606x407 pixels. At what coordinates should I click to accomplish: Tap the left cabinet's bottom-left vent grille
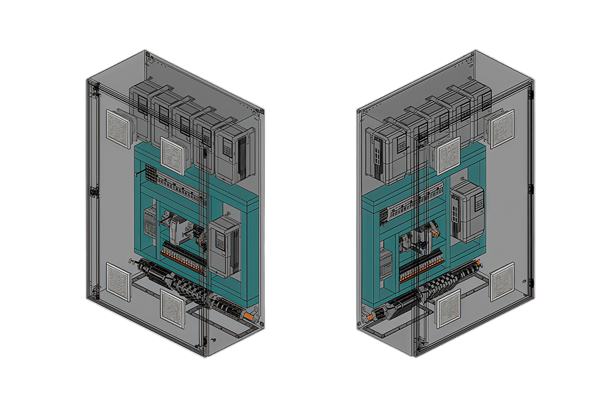118,281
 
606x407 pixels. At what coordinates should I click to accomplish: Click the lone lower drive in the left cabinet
224,246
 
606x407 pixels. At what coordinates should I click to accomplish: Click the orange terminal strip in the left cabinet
184,257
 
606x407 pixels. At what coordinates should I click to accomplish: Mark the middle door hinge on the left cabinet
91,190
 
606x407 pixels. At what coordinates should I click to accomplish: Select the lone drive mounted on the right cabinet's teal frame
468,210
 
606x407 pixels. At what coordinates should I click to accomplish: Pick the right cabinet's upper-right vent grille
501,129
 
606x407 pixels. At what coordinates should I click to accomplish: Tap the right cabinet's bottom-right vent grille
502,282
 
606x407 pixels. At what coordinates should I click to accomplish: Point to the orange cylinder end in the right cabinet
369,317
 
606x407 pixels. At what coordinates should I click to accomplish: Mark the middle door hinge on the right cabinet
530,189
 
